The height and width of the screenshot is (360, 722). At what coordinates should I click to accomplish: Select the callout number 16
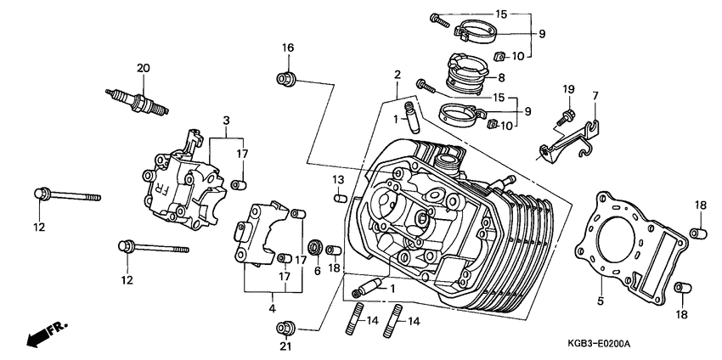(287, 48)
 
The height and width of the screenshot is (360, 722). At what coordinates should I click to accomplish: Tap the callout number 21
(286, 346)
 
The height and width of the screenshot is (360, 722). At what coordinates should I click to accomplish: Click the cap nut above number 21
(288, 326)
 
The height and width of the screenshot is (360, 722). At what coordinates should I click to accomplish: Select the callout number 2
(397, 76)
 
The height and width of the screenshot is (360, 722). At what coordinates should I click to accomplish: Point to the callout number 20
(143, 67)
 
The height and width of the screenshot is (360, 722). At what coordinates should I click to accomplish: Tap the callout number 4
(273, 308)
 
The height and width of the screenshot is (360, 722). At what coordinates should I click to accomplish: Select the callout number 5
(601, 300)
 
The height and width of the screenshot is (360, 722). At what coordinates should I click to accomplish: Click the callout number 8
(501, 76)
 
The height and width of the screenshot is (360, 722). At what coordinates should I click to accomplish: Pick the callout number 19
(568, 88)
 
